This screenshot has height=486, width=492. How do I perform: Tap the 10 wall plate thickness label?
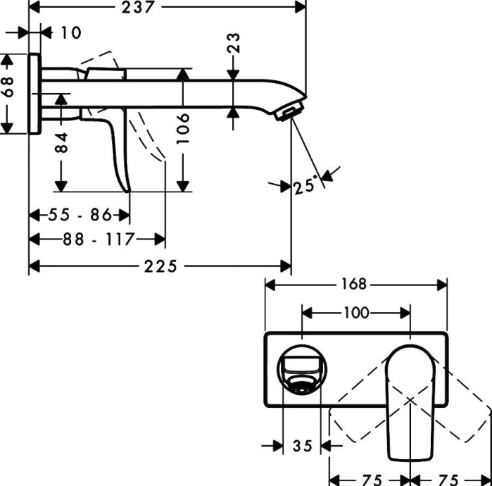tap(70, 32)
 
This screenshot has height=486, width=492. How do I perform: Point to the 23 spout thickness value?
tap(234, 44)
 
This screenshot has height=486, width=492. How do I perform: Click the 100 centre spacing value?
tap(355, 312)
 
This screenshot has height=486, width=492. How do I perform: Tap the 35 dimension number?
tap(302, 446)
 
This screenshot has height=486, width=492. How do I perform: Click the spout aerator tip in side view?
tap(290, 111)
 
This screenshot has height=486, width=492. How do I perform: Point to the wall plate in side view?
tap(33, 92)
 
